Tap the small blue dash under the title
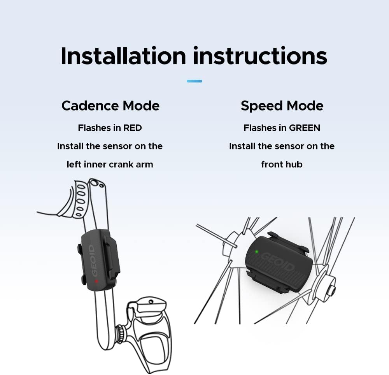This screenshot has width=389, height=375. (194, 81)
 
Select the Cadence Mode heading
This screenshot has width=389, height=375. (110, 106)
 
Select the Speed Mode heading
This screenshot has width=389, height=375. (282, 106)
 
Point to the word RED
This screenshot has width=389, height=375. (133, 128)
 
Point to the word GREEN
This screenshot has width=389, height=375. (305, 128)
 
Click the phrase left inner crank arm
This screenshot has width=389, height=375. (110, 165)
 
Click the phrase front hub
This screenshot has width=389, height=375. (282, 165)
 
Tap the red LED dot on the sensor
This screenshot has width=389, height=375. (96, 281)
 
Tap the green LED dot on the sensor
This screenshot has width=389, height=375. (256, 252)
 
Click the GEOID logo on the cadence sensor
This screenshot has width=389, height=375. (93, 260)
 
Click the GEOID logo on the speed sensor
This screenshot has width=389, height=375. (278, 262)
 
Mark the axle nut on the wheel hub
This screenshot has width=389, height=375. (332, 289)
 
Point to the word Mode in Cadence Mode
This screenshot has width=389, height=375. (141, 106)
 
